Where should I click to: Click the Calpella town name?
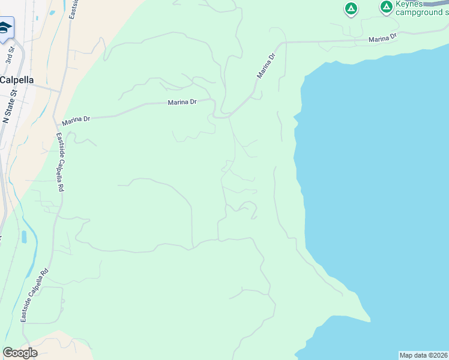pyautogui.click(x=17, y=80)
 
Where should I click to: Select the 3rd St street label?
pyautogui.click(x=10, y=55)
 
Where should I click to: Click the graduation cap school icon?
pyautogui.click(x=5, y=28)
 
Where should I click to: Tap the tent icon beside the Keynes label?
pyautogui.click(x=387, y=7)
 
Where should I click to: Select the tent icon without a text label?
pyautogui.click(x=351, y=9)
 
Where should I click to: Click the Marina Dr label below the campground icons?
pyautogui.click(x=383, y=38)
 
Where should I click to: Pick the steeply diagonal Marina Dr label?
pyautogui.click(x=266, y=65)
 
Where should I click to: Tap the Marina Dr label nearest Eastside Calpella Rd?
pyautogui.click(x=76, y=119)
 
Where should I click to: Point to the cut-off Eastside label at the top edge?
pyautogui.click(x=73, y=8)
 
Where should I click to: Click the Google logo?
pyautogui.click(x=20, y=353)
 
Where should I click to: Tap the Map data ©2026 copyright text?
pyautogui.click(x=423, y=355)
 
